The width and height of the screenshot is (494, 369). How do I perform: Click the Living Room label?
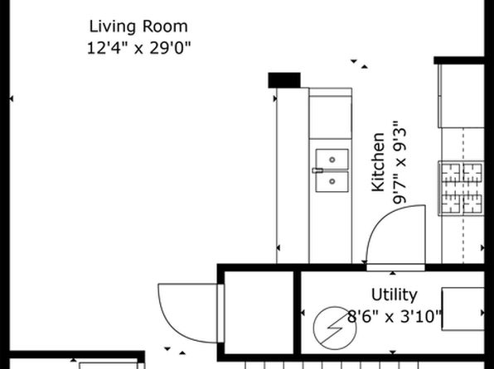tap(138, 26)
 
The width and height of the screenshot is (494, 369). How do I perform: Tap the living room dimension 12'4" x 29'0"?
tap(139, 48)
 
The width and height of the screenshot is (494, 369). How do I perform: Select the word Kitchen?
tap(378, 162)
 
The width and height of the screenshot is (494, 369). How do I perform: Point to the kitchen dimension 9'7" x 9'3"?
tap(400, 162)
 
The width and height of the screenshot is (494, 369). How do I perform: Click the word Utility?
tap(395, 295)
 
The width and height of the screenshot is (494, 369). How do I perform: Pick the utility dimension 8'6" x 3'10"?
tap(395, 317)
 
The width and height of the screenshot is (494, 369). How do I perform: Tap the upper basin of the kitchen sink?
tap(332, 160)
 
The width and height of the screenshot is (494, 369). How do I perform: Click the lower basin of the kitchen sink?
tap(332, 181)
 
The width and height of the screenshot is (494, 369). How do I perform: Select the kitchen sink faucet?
tap(318, 170)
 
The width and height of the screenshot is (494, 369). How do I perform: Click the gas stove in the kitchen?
tap(461, 188)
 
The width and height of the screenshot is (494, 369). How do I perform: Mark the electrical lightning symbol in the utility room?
tap(335, 328)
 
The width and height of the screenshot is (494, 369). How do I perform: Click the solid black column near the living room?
tap(284, 80)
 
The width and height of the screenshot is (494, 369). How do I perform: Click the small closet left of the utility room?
tap(259, 312)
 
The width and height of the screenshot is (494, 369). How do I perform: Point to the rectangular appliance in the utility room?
tap(463, 309)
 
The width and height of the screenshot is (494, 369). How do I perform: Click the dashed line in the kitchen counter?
tap(463, 195)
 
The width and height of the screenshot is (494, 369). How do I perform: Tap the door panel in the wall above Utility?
tap(395, 268)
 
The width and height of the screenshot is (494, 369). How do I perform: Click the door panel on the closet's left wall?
tap(220, 314)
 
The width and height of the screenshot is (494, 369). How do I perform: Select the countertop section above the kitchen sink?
tap(331, 117)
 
